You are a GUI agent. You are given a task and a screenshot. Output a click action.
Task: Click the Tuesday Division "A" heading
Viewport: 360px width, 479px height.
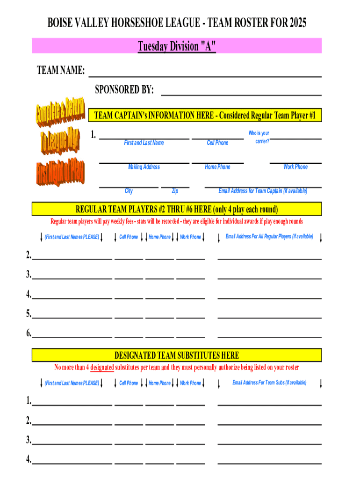click(177, 46)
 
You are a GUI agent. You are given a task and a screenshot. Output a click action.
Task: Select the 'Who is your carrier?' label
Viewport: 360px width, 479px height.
click(259, 137)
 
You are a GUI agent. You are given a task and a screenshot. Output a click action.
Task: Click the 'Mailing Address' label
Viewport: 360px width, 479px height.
click(144, 167)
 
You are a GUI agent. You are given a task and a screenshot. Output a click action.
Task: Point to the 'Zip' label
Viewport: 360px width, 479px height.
click(175, 191)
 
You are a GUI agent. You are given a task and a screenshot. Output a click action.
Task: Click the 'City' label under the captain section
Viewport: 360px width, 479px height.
click(129, 191)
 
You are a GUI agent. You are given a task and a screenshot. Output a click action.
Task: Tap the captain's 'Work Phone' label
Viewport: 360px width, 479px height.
click(295, 167)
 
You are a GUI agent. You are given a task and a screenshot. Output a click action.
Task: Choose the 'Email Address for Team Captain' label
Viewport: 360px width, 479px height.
click(263, 191)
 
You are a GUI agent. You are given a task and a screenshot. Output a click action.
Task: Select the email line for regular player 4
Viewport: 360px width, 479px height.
click(270, 297)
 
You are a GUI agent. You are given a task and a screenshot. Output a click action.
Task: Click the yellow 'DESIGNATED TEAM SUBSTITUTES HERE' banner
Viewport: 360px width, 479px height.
click(177, 356)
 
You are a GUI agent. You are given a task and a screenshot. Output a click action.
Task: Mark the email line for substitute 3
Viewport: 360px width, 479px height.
click(270, 443)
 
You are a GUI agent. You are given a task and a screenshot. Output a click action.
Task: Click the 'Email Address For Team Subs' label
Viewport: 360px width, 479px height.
click(269, 383)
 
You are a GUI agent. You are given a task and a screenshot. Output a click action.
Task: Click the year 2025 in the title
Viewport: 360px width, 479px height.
click(298, 22)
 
